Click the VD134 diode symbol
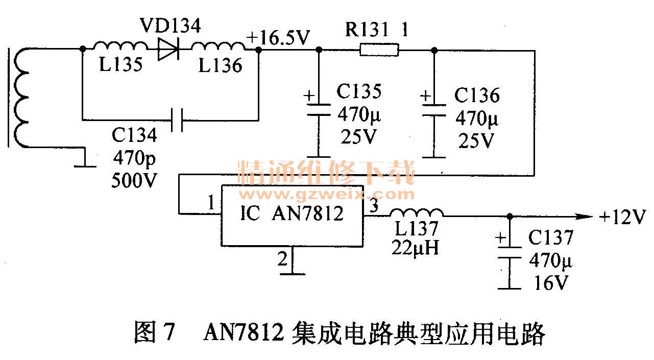point(169,50)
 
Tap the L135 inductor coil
point(120,47)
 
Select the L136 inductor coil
point(217,47)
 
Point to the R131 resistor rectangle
point(379,50)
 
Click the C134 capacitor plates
point(177,121)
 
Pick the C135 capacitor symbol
point(318,110)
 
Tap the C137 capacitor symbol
point(509,252)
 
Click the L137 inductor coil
point(417,213)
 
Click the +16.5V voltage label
point(278,38)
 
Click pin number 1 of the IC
point(211,203)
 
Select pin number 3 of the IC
point(374,206)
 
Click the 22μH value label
point(415,247)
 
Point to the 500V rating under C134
point(134,180)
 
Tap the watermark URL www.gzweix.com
point(327,195)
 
